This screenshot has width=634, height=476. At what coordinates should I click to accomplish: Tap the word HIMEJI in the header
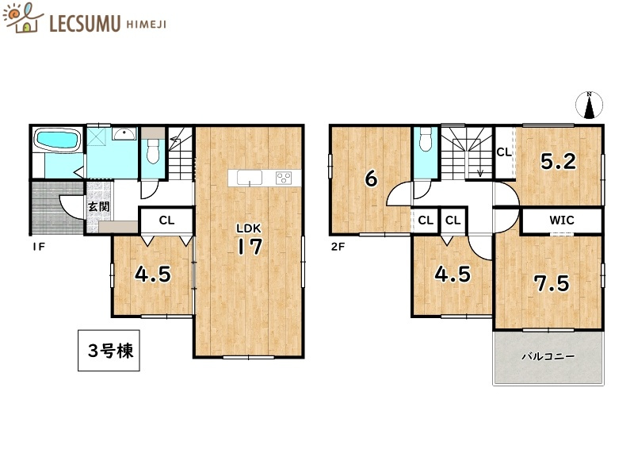(x=149, y=24)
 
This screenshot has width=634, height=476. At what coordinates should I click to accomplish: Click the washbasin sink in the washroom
(x=124, y=134)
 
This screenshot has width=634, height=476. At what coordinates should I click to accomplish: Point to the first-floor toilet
(x=153, y=151)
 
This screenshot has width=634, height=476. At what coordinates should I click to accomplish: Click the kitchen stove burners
(x=283, y=178)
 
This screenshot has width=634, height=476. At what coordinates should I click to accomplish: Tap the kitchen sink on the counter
(x=249, y=178)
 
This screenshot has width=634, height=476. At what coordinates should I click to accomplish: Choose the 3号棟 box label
(x=109, y=350)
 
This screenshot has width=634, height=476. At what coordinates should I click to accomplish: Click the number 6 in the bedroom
(x=370, y=178)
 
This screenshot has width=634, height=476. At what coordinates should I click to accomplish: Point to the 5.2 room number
(x=558, y=162)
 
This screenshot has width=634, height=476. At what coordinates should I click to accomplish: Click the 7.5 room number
(x=551, y=283)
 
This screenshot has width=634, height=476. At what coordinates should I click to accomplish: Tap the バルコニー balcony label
(x=548, y=357)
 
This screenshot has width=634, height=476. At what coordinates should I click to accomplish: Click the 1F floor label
(x=37, y=247)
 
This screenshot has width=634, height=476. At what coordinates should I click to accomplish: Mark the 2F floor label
(x=338, y=247)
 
